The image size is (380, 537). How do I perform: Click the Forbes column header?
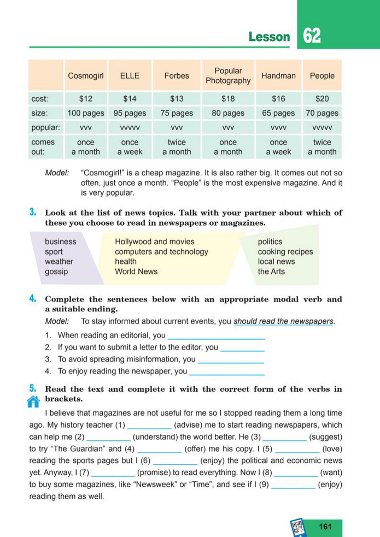[177, 76]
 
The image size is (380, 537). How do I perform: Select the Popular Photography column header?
[228, 76]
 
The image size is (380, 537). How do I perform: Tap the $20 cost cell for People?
[322, 99]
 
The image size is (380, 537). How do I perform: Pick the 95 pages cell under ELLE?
[130, 113]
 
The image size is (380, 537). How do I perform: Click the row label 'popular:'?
[46, 127]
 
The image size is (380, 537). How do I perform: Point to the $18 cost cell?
[228, 99]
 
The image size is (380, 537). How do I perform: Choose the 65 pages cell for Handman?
[278, 113]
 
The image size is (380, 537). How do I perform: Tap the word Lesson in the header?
[269, 37]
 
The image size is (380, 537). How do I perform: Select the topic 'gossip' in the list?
[56, 272]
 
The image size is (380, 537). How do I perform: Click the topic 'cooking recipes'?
[285, 252]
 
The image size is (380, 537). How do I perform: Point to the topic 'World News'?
[136, 272]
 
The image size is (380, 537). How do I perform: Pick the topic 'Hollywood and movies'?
[154, 241]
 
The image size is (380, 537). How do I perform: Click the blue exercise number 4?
[33, 299]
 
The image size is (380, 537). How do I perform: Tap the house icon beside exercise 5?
[34, 402]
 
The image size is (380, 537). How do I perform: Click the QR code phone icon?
[299, 527]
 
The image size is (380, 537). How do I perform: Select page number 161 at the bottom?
[325, 527]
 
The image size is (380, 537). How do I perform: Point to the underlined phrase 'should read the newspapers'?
[283, 321]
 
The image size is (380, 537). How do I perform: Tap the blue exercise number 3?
[33, 212]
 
